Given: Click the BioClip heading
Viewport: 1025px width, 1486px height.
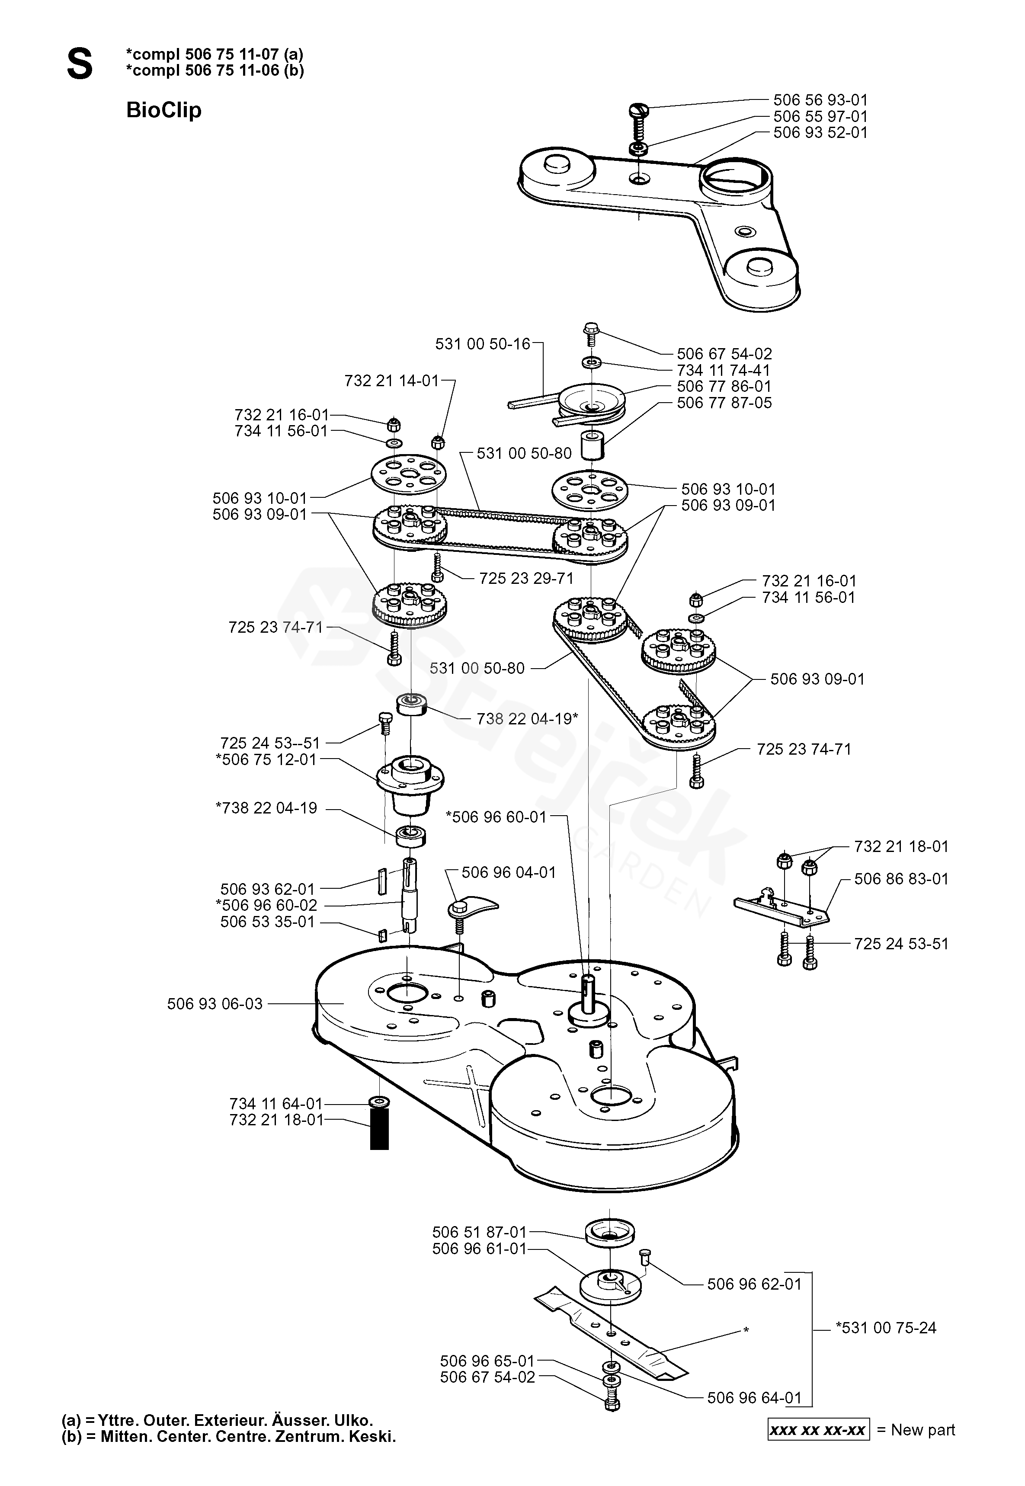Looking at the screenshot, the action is [x=164, y=110].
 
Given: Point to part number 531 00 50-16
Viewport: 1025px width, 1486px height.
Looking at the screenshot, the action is [x=483, y=344].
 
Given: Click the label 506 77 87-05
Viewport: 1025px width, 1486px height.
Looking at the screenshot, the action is [x=724, y=404].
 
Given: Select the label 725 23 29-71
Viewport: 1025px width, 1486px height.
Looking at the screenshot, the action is [x=526, y=579].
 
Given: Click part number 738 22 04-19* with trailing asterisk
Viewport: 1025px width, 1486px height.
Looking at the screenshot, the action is [x=527, y=719].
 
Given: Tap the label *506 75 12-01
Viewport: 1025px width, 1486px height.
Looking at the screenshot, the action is [x=266, y=760].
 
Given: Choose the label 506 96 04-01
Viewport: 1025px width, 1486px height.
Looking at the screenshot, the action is [x=509, y=873].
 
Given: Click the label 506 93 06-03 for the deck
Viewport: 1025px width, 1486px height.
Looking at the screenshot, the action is [x=215, y=1004].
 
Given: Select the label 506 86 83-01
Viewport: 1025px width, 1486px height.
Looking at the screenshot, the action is [x=901, y=878].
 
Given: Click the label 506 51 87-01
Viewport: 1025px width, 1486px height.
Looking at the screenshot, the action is [x=479, y=1232].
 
